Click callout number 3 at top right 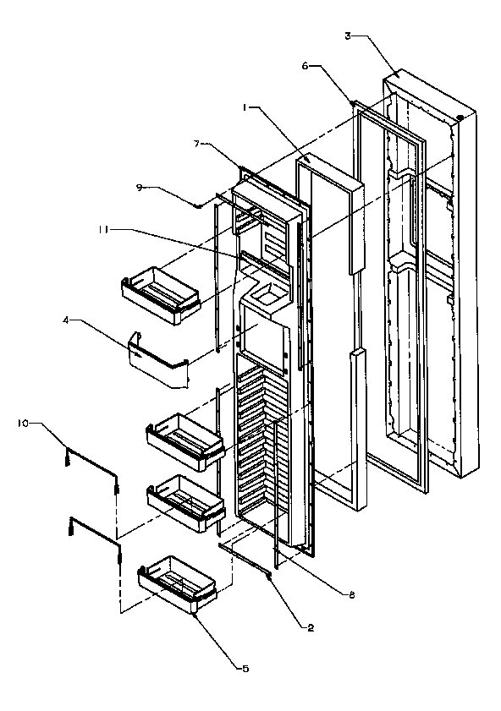348,36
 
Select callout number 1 245,108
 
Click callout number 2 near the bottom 311,626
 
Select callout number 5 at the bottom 245,668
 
